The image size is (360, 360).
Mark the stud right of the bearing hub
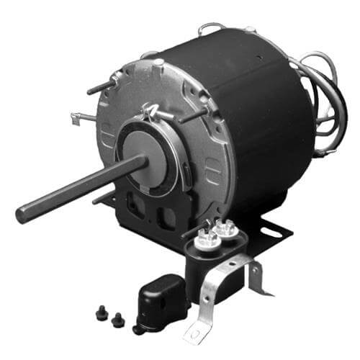coord(193,115)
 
